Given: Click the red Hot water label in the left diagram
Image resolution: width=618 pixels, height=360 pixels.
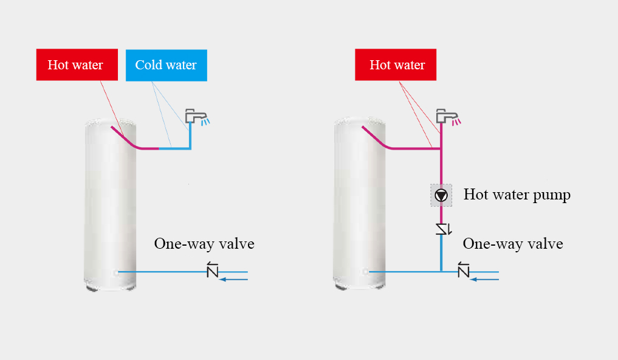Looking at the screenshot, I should click(75, 65).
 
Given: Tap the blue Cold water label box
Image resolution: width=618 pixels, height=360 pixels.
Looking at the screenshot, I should click(166, 65).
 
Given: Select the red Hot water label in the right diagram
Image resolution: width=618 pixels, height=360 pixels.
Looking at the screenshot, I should click(396, 65).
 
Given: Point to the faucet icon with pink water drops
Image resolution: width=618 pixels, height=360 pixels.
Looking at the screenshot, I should click(447, 116).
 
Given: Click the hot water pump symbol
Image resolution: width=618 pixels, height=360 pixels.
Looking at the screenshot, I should click(441, 195).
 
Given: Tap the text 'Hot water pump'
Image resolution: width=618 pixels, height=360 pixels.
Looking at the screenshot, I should click(517, 195).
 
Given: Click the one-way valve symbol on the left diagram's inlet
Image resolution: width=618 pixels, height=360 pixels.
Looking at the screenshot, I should click(212, 269).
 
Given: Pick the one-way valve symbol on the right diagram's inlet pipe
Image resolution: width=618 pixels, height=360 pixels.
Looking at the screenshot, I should click(464, 269).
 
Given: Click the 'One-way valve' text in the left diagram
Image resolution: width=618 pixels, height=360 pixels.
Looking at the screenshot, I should click(204, 244).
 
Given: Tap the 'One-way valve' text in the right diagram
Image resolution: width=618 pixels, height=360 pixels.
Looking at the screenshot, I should click(513, 244).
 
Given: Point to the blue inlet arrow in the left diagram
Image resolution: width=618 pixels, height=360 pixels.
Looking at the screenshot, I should click(234, 280).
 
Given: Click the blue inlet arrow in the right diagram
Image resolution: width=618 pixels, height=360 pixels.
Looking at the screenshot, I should click(485, 280).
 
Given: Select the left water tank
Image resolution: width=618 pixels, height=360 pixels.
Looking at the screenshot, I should click(110, 204).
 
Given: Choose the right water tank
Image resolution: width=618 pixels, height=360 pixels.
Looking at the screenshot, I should click(360, 204).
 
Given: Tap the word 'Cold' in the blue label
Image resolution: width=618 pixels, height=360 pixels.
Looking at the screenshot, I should click(148, 65).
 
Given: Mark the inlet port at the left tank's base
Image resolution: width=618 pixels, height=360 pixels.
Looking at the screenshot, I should click(114, 272).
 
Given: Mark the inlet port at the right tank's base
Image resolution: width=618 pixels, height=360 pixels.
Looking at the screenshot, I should click(365, 272).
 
